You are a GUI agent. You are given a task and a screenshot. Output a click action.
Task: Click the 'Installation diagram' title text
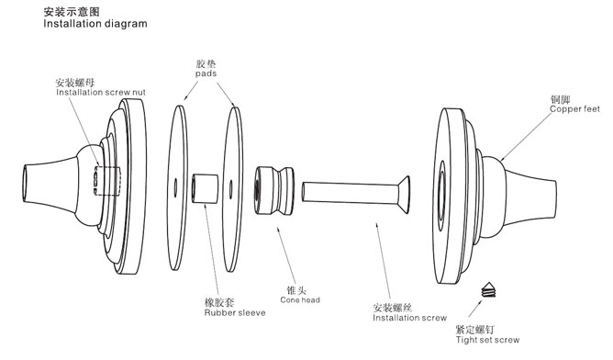pyautogui.click(x=95, y=24)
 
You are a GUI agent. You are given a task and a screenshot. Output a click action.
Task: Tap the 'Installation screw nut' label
pyautogui.click(x=101, y=93)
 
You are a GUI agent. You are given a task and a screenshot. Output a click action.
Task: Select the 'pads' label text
pyautogui.click(x=206, y=73)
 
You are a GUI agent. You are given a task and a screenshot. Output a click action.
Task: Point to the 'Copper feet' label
pyautogui.click(x=574, y=109)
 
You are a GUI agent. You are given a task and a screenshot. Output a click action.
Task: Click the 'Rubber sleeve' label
pyautogui.click(x=235, y=312)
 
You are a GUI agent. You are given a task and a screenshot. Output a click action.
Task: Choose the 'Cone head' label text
pyautogui.click(x=300, y=300)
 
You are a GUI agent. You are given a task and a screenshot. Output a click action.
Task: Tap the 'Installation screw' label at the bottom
pyautogui.click(x=409, y=318)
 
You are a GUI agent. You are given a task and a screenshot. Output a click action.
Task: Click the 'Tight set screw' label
pyautogui.click(x=488, y=340)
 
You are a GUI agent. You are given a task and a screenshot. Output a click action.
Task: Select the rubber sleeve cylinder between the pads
pyautogui.click(x=205, y=188)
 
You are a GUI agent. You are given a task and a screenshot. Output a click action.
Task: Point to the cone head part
pyautogui.click(x=274, y=191)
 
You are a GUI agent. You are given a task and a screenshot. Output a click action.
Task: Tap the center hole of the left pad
pyautogui.click(x=175, y=187)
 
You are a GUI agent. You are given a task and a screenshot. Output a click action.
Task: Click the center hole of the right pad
pyautogui.click(x=231, y=188)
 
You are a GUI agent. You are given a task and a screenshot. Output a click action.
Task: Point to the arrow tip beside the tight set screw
pyautogui.click(x=482, y=300)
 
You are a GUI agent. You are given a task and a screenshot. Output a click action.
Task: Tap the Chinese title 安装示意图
pyautogui.click(x=72, y=12)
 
